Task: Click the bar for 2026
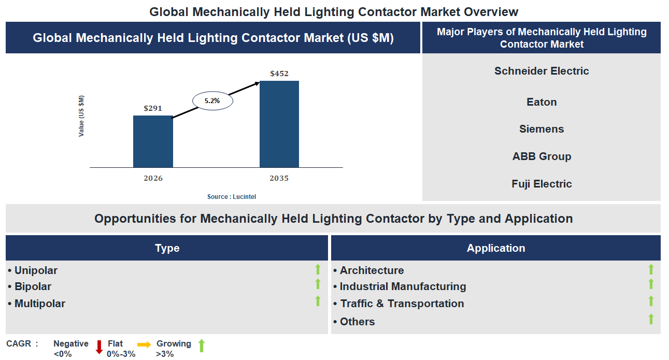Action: [x=153, y=141]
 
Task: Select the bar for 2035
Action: [x=279, y=124]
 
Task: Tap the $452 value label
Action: [x=279, y=74]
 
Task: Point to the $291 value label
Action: [x=153, y=108]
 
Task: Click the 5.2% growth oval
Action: [x=212, y=101]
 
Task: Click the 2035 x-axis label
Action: [x=279, y=178]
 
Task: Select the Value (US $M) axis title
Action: [x=81, y=116]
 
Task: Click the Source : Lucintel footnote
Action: [x=232, y=197]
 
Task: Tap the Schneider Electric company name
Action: [x=542, y=71]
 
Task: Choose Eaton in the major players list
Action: [x=542, y=102]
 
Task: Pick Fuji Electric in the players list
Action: [x=542, y=184]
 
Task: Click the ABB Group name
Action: [x=542, y=156]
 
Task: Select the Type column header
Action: [x=167, y=248]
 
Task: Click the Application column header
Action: [x=496, y=248]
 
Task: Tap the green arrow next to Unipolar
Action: [x=318, y=269]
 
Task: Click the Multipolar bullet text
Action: [x=40, y=304]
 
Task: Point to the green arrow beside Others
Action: [x=651, y=319]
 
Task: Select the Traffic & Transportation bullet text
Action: [x=402, y=304]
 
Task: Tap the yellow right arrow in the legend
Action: [x=144, y=344]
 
